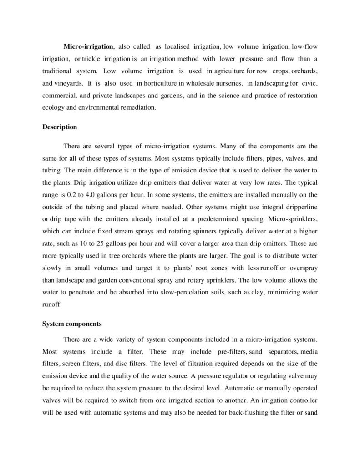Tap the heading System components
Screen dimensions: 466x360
71,324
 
